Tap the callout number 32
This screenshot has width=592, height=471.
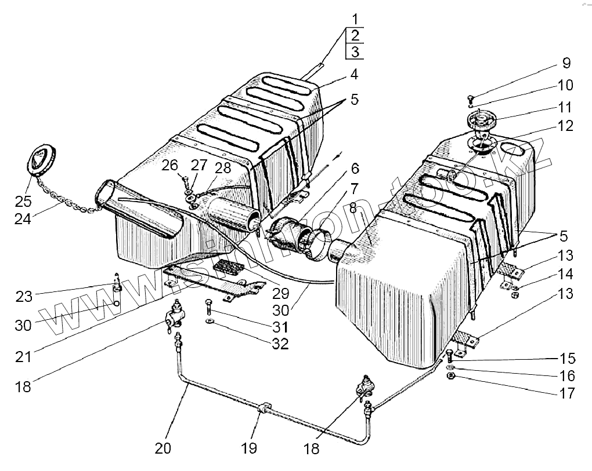(x=280, y=344)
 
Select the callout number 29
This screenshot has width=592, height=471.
(x=280, y=294)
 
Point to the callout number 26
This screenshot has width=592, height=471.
(x=169, y=166)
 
